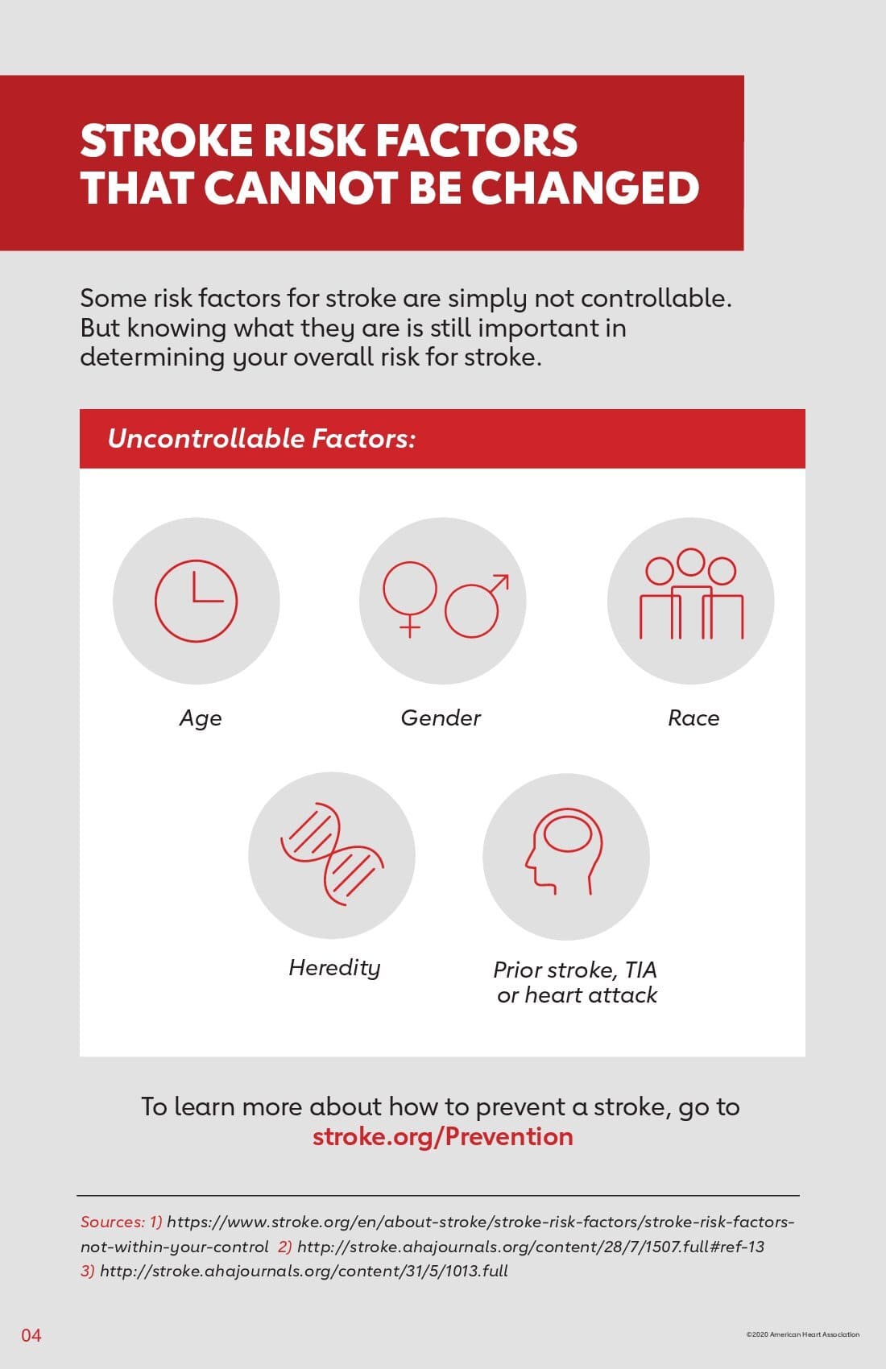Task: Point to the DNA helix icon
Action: point(332,854)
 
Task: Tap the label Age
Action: point(201,718)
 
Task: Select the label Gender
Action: point(441,718)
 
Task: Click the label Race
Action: point(693,718)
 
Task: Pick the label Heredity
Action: point(334,968)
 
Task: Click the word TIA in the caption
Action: point(641,970)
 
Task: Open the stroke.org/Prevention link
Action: point(443,1137)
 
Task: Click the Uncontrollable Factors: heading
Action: point(262,438)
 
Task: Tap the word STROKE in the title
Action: point(167,141)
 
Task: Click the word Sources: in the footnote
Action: point(113,1221)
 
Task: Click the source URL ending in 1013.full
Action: point(304,1272)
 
